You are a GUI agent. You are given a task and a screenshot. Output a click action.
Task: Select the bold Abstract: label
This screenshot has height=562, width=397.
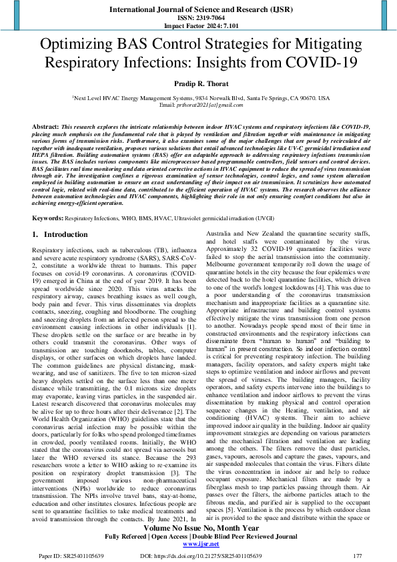[x=45, y=125]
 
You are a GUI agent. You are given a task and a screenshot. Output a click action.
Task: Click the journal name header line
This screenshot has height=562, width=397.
[x=198, y=9]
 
